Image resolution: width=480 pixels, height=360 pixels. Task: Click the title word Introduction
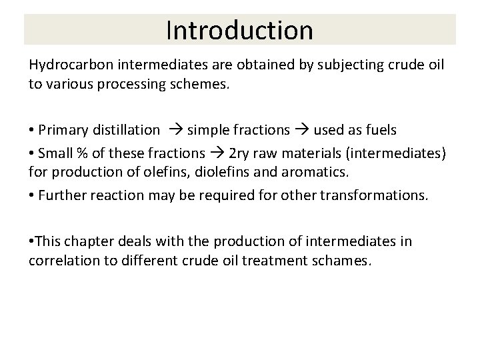pos(239,30)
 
